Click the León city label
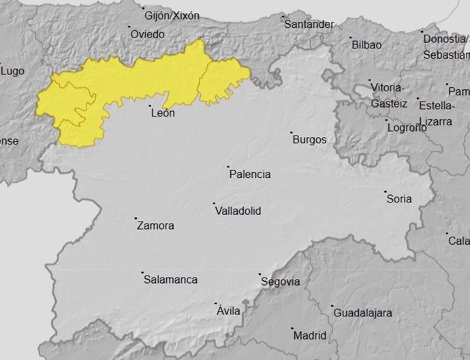(163, 113)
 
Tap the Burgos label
(309, 140)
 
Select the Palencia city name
(250, 175)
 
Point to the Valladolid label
(238, 211)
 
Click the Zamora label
(155, 226)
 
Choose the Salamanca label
(170, 280)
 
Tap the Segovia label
(280, 282)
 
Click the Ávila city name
(228, 311)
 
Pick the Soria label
(399, 199)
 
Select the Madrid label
(310, 335)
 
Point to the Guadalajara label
(362, 313)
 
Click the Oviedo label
(148, 33)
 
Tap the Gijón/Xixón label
(172, 16)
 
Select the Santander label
(309, 25)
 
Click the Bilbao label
(366, 45)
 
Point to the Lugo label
(12, 70)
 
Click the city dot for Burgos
(291, 133)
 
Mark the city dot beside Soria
(385, 192)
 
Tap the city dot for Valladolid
(214, 204)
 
